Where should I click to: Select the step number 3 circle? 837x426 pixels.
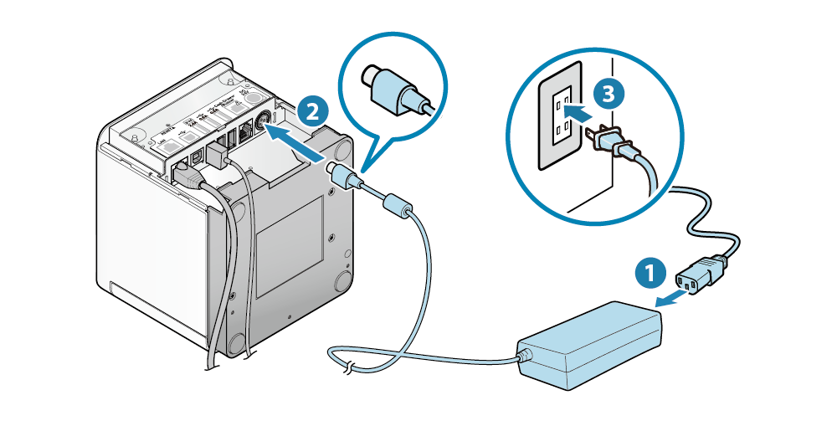click(x=608, y=94)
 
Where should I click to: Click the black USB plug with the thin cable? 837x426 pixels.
click(x=218, y=156)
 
